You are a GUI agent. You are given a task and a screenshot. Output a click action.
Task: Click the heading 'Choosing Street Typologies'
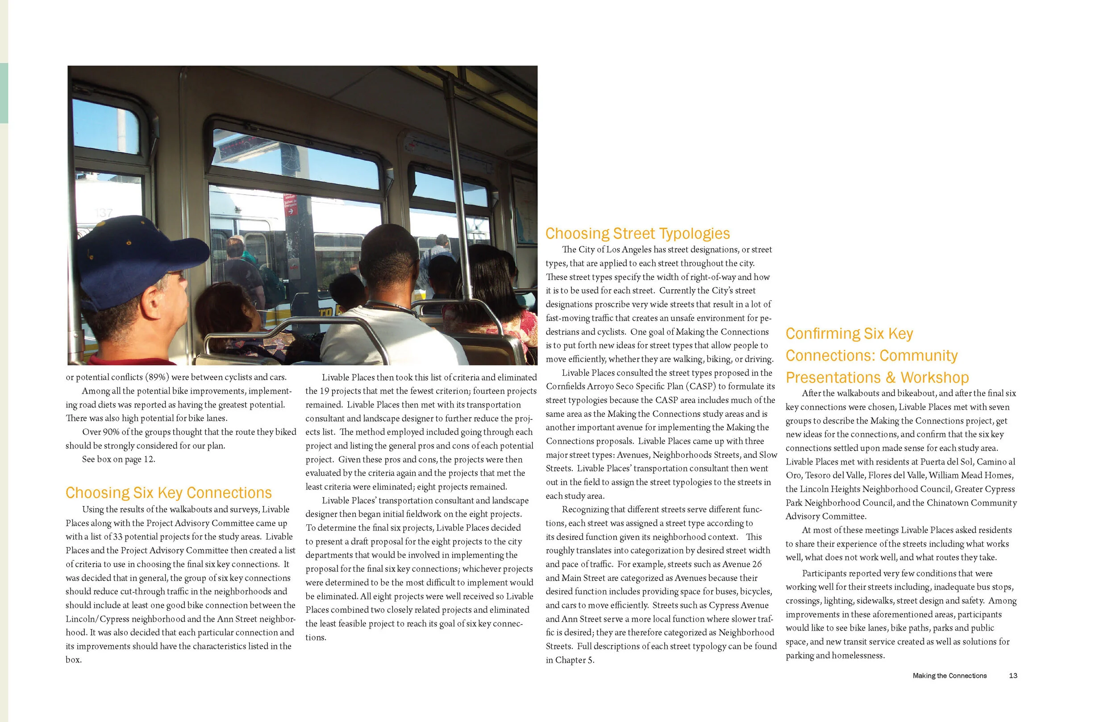[637, 233]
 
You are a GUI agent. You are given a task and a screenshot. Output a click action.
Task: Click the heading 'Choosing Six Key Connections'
[168, 493]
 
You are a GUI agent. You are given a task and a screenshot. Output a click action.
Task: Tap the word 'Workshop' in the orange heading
[934, 378]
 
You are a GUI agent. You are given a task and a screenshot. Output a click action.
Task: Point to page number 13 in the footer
[1013, 676]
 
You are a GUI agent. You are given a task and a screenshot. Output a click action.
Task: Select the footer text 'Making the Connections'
[949, 676]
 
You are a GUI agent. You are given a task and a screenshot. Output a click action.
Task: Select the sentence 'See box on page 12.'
[118, 459]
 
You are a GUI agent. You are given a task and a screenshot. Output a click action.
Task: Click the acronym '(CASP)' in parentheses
[701, 386]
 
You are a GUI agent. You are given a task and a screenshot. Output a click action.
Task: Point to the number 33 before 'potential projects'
[118, 537]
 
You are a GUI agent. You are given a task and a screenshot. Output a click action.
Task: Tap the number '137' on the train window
[104, 213]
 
